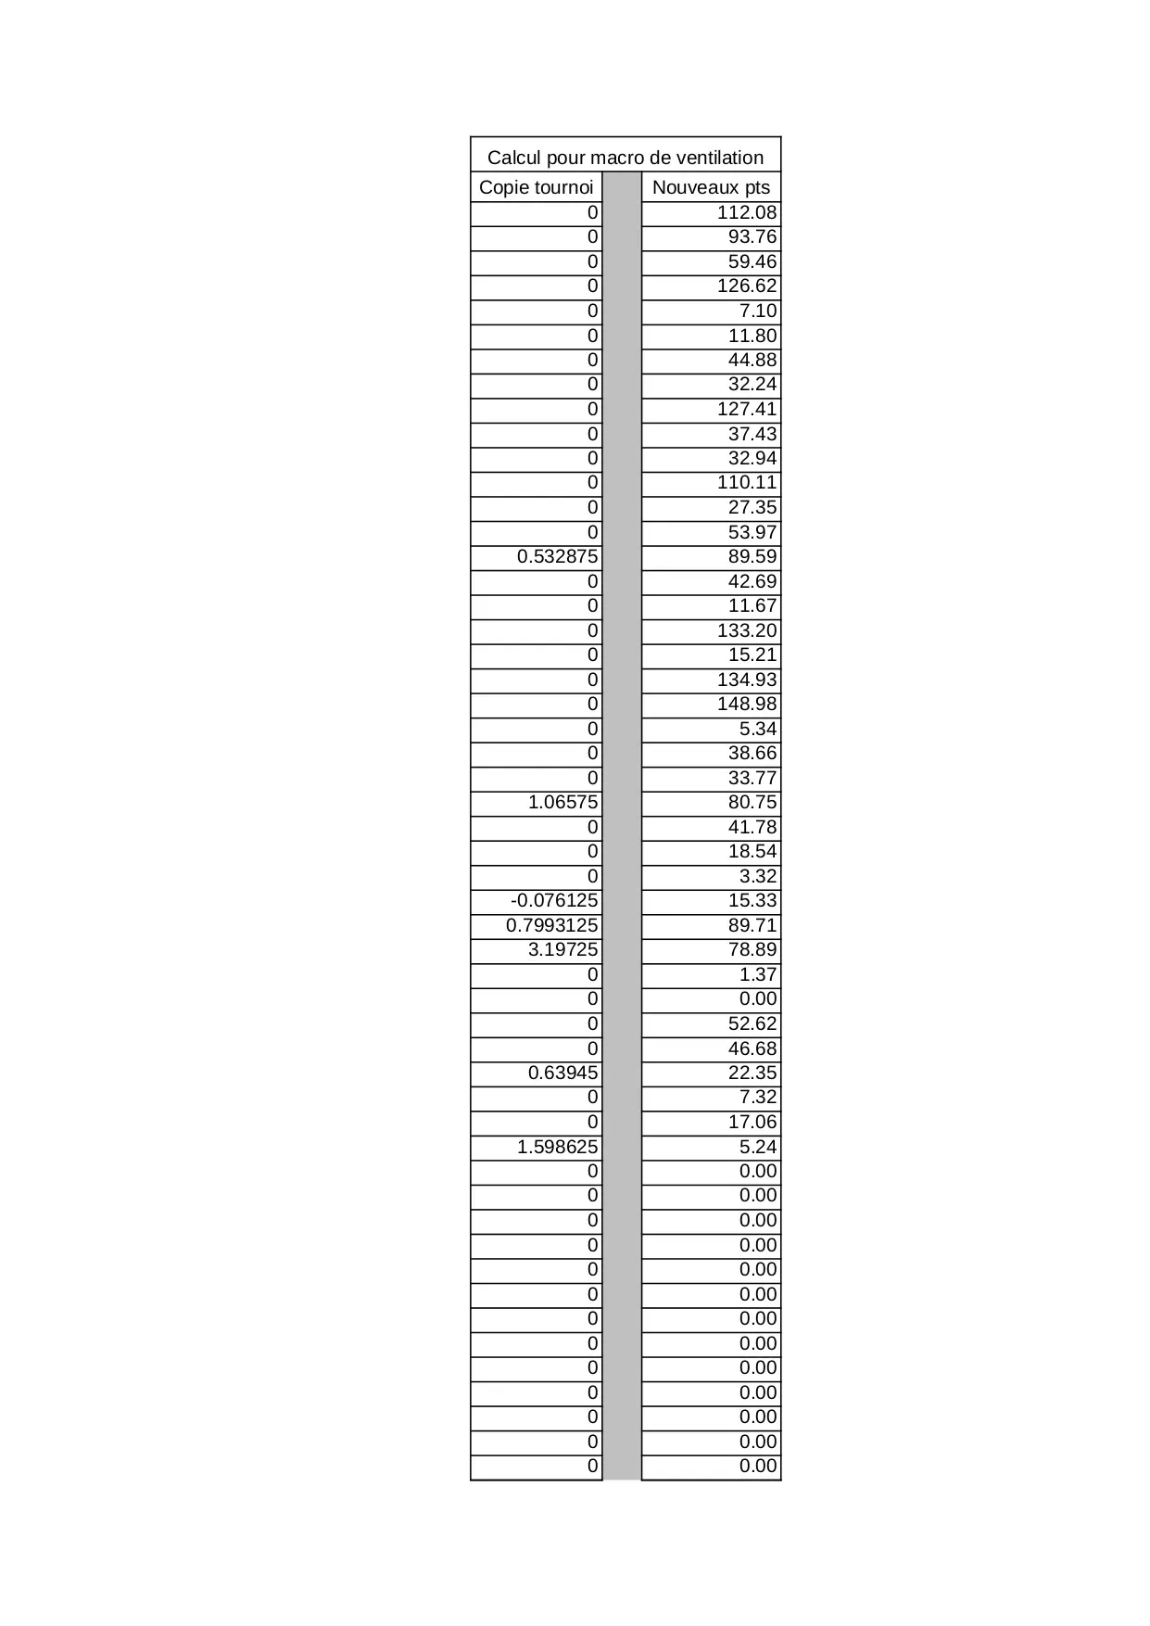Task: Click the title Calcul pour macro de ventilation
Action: pos(626,157)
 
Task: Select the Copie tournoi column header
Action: pos(536,187)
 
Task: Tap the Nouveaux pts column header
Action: pos(711,187)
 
